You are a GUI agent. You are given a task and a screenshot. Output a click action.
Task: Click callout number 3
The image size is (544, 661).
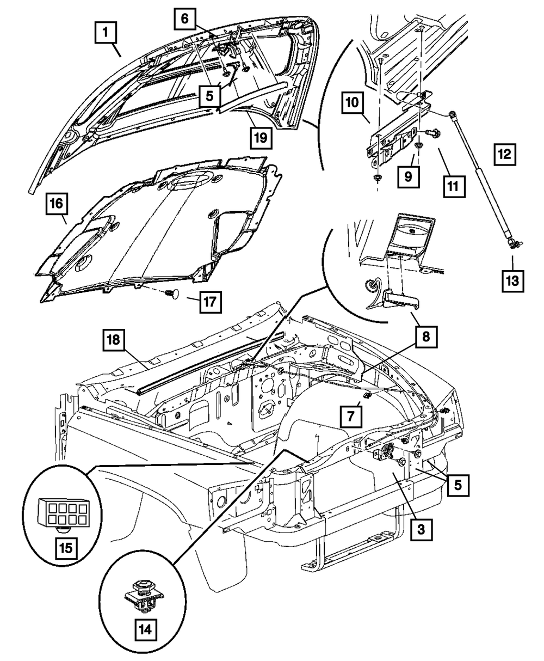(x=423, y=527)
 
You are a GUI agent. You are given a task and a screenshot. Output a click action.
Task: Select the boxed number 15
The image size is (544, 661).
(x=65, y=547)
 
